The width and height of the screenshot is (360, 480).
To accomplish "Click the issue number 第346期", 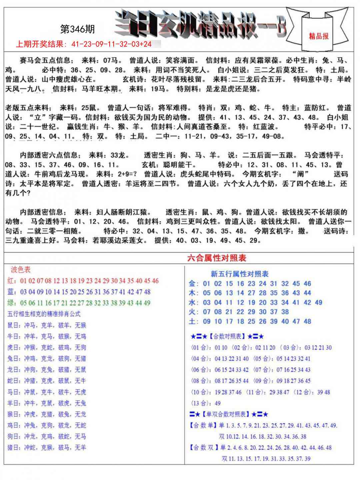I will click(77, 29).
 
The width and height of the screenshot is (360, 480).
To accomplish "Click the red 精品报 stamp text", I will click(318, 36).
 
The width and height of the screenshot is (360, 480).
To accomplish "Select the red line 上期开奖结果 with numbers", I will click(84, 44).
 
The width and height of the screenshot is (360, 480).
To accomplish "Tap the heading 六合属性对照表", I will click(217, 258).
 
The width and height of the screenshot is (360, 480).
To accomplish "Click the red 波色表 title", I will click(21, 270).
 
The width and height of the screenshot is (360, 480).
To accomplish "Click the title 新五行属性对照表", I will click(239, 274).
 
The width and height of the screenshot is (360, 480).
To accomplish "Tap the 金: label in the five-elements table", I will click(194, 284).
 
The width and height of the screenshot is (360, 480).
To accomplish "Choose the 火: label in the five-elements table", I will click(194, 312).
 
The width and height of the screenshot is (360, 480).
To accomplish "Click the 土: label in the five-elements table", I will click(194, 322).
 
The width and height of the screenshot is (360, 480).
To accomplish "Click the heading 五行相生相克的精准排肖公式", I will click(44, 314).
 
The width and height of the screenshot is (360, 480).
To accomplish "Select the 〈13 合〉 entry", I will click(200, 403).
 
